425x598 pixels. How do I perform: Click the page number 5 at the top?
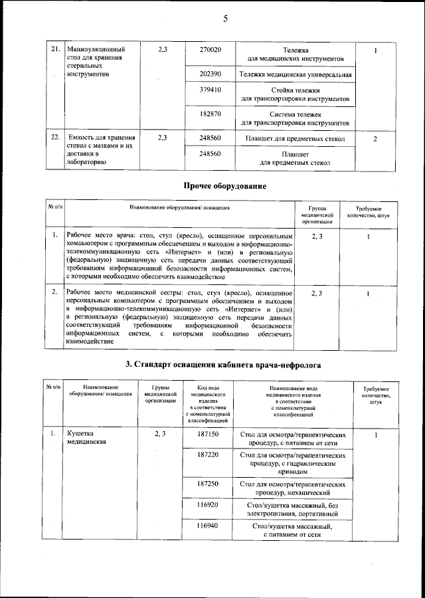coord(224,18)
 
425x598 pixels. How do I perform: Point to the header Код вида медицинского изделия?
coord(209,403)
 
